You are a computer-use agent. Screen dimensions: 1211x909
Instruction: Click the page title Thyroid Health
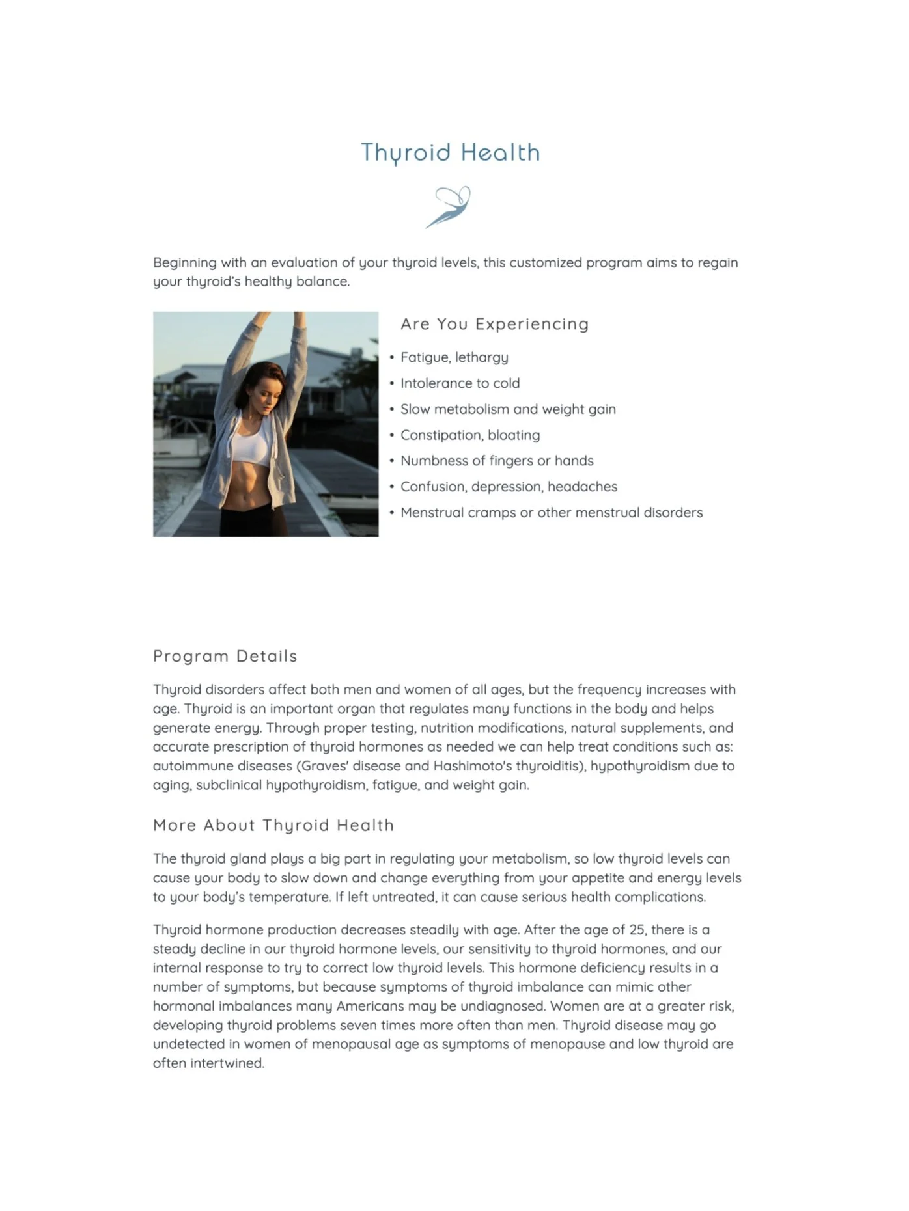[450, 153]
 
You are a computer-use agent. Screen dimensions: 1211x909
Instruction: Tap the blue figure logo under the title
[449, 207]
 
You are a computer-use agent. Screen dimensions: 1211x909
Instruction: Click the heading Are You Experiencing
[494, 324]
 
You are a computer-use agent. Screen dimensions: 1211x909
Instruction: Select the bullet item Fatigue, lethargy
[454, 357]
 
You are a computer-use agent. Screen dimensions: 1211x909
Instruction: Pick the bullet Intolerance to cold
[460, 383]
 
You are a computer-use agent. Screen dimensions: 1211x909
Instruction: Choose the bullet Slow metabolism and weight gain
[508, 409]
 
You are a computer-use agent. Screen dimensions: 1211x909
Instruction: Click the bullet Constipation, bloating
[469, 435]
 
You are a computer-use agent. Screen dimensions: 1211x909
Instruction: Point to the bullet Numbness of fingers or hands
[497, 461]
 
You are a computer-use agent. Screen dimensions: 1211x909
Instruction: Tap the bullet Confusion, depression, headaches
[509, 487]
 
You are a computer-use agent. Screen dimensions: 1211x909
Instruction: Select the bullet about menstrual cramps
[551, 513]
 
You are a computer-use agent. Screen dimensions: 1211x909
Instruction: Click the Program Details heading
[225, 656]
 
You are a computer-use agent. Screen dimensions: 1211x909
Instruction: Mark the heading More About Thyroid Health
[273, 825]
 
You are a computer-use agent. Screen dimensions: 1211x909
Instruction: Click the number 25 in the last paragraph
[637, 930]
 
